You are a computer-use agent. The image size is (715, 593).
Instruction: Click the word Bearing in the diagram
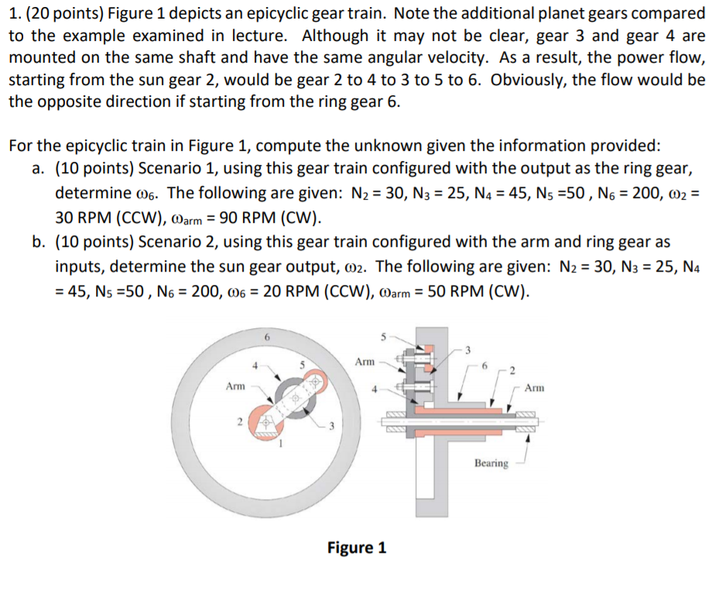[491, 463]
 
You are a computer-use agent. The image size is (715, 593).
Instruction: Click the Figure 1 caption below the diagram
[356, 548]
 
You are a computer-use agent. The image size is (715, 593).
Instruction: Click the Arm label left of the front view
[235, 385]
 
